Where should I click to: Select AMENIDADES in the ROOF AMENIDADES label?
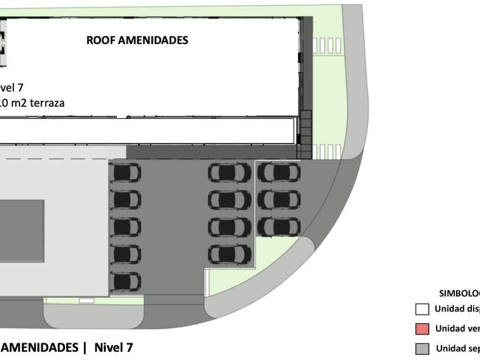pyautogui.click(x=153, y=41)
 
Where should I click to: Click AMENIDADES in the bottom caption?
pyautogui.click(x=38, y=347)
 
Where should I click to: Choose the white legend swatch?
pyautogui.click(x=422, y=310)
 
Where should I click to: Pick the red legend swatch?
pyautogui.click(x=422, y=329)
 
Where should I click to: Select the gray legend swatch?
pyautogui.click(x=422, y=349)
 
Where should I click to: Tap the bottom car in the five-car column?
pyautogui.click(x=125, y=281)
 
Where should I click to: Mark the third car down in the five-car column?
pyautogui.click(x=125, y=227)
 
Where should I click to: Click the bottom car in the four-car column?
pyautogui.click(x=230, y=254)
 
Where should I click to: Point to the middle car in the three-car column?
pyautogui.click(x=278, y=199)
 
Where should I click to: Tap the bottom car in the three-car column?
pyautogui.click(x=278, y=227)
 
